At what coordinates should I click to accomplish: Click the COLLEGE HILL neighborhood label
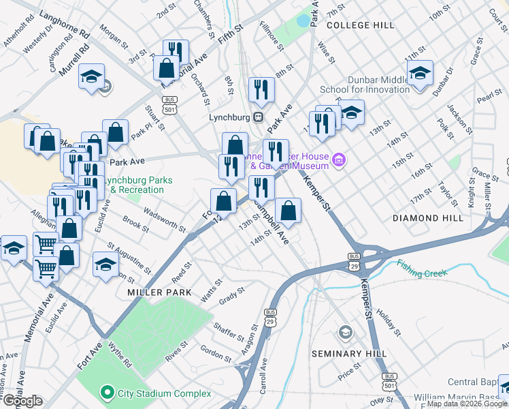click(x=360, y=25)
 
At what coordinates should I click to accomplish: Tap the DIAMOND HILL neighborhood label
click(x=428, y=218)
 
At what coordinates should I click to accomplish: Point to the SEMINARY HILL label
click(x=349, y=354)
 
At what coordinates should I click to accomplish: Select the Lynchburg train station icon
click(x=259, y=117)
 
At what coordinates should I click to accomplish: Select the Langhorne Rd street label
click(x=65, y=22)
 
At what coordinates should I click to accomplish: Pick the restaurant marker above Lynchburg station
click(x=261, y=89)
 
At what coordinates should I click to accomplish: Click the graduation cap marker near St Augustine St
click(x=106, y=264)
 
